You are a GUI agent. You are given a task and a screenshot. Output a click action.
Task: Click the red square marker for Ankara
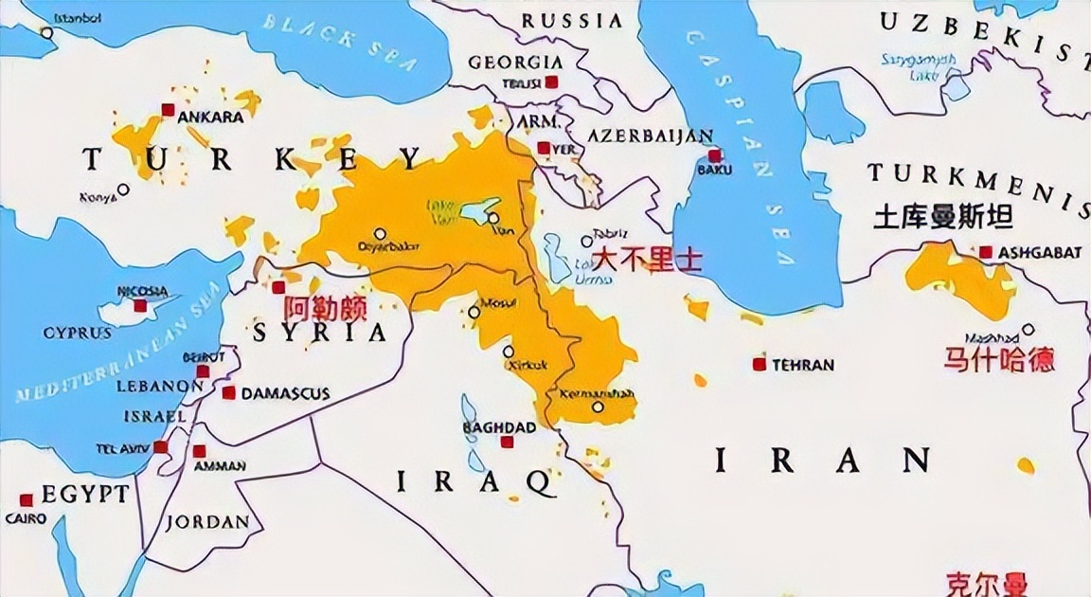pos(168,110)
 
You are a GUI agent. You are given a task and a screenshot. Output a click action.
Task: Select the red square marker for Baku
pos(714,155)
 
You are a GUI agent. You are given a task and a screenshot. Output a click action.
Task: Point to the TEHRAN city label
pos(802,365)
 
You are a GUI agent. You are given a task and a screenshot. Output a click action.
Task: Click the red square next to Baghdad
pos(507,442)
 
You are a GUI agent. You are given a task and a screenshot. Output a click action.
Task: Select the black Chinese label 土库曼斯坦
pos(942,218)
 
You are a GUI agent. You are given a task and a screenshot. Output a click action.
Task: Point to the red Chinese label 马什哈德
pos(999,359)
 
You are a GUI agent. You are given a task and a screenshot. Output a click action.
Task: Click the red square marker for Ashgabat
pos(986,252)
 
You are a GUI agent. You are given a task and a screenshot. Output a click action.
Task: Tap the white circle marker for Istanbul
pos(46,33)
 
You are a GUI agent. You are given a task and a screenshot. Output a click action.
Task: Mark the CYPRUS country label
pos(77,334)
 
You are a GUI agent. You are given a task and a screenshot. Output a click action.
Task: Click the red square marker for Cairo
pos(27,499)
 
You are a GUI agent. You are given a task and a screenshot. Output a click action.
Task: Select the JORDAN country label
pos(208,522)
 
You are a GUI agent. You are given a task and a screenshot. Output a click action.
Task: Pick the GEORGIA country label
pos(515,63)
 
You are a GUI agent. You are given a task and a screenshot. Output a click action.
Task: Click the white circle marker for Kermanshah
pos(598,407)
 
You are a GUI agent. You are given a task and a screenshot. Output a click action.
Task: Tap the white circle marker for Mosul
pos(474,312)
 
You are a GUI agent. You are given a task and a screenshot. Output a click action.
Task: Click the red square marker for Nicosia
pos(140,305)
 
